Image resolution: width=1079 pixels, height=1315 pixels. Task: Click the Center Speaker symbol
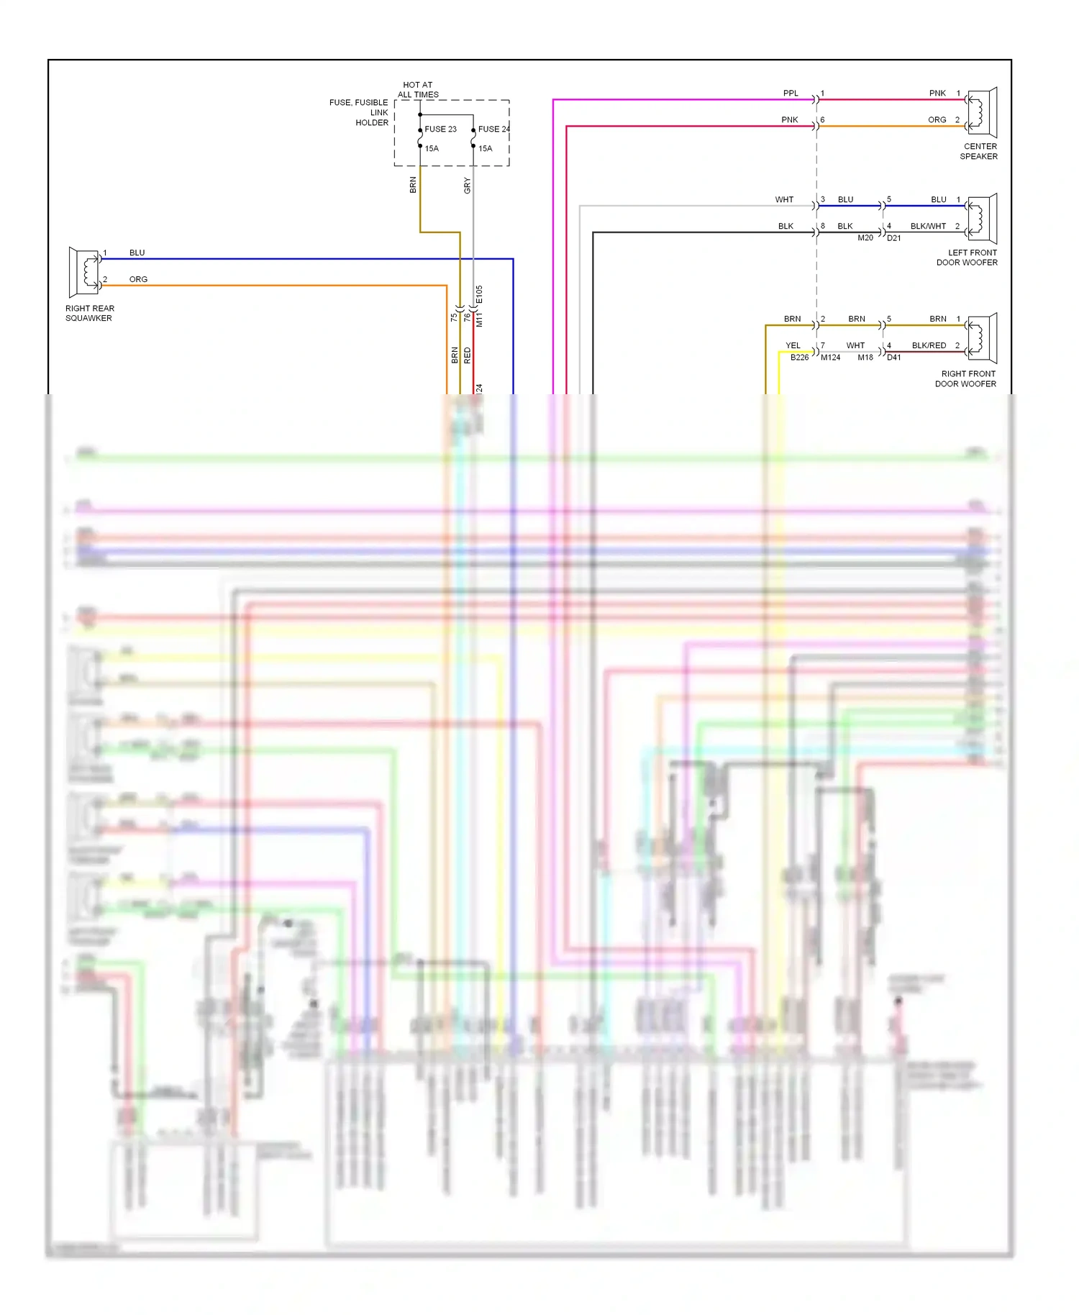982,112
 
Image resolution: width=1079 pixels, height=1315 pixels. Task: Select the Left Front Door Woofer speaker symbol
982,219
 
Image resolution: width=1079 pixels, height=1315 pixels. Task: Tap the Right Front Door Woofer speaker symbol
982,338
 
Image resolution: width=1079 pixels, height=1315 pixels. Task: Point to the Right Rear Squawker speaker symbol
84,272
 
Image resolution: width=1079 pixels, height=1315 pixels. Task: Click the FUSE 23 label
440,129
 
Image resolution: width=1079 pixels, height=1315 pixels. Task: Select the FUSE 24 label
493,129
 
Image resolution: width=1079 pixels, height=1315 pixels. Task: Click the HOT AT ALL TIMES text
418,90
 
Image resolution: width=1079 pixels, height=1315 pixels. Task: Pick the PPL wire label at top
791,94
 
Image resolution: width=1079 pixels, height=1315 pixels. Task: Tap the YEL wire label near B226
793,346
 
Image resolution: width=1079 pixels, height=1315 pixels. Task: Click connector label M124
830,358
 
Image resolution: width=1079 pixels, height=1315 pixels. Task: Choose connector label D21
893,238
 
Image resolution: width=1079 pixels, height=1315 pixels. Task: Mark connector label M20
865,238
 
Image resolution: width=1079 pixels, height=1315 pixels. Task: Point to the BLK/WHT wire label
928,227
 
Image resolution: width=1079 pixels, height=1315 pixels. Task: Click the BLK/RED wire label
929,346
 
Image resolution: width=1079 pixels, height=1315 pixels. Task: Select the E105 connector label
480,295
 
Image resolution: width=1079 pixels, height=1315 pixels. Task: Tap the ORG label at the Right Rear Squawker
138,280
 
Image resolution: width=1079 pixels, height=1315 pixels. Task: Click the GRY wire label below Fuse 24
467,186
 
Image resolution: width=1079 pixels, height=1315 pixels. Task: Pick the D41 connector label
893,358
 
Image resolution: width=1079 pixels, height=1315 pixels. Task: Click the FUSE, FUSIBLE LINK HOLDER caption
359,113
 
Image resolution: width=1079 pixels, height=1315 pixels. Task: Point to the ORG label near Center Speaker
937,120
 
